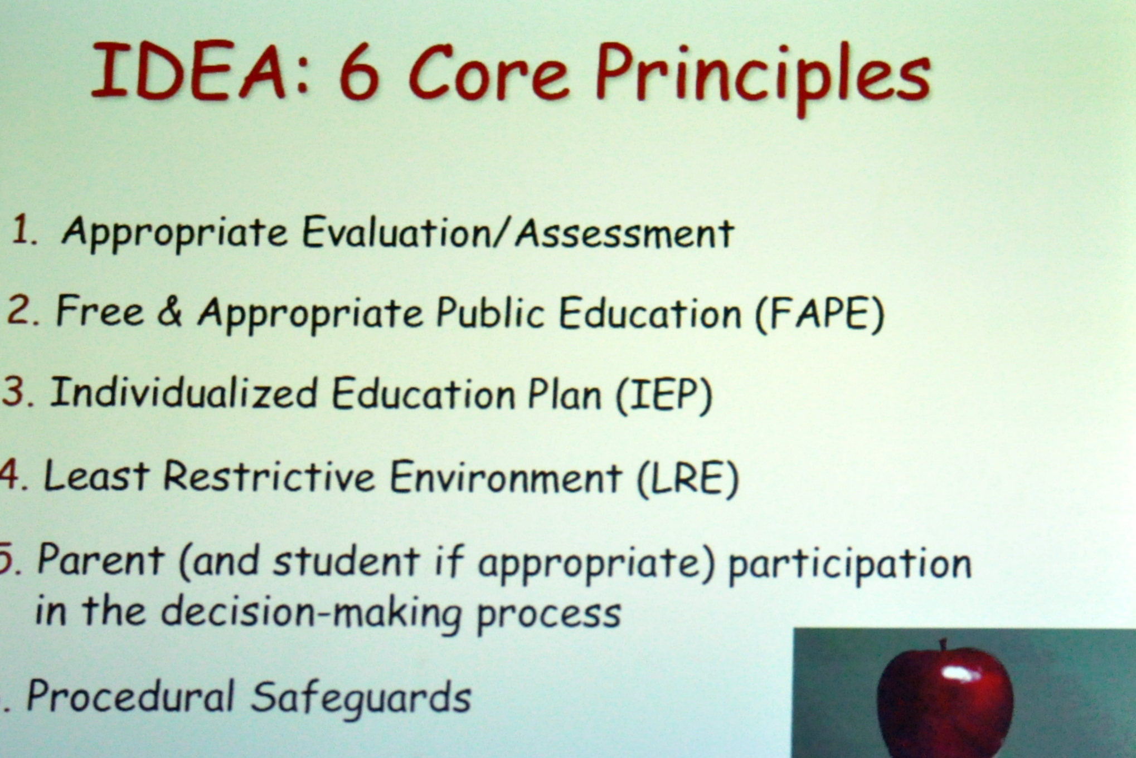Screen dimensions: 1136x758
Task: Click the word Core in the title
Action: coord(490,73)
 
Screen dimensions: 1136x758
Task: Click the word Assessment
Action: coord(625,233)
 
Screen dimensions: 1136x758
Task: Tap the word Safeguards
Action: coord(361,697)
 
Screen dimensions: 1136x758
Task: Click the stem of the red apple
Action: coord(943,645)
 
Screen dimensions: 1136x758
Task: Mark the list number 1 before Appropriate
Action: coord(22,229)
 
